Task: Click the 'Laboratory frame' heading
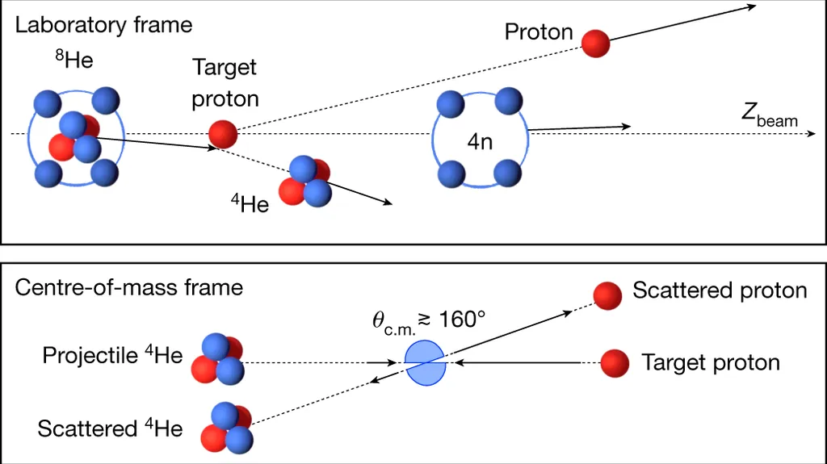tap(103, 25)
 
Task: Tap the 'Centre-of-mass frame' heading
tap(129, 286)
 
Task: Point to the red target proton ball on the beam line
tap(224, 133)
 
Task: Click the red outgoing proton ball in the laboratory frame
tap(596, 43)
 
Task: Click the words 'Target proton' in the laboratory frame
tap(225, 83)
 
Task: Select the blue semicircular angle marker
tap(425, 362)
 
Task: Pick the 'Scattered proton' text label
tap(720, 291)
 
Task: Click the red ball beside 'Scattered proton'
tap(607, 296)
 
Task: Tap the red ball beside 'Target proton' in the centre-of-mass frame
tap(615, 363)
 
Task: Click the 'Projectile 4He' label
tap(112, 356)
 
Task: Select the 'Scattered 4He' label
tap(110, 428)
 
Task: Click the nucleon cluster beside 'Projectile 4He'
tap(217, 357)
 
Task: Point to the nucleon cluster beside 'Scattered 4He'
tap(229, 428)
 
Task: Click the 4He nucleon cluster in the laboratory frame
tap(305, 181)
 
